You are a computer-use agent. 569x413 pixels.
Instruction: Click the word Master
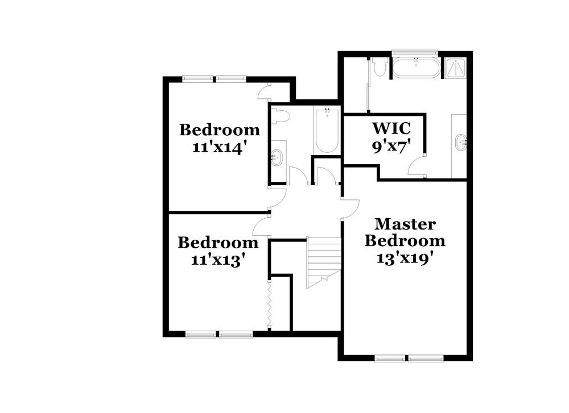click(405, 224)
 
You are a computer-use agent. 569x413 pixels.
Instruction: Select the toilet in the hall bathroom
click(282, 116)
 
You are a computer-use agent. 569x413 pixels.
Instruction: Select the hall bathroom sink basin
click(278, 157)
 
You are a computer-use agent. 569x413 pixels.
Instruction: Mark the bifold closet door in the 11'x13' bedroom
click(270, 304)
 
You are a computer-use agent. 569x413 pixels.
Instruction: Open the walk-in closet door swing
click(416, 165)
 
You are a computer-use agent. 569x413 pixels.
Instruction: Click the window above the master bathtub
click(416, 53)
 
